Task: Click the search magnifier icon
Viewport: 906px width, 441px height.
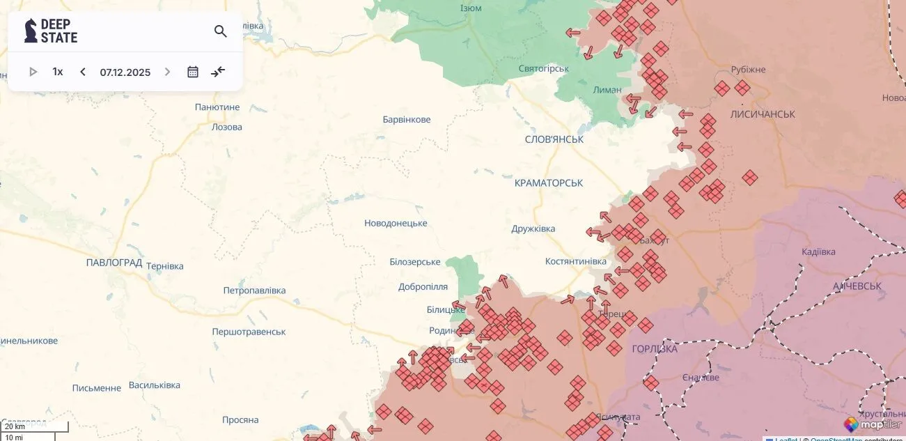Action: [221, 31]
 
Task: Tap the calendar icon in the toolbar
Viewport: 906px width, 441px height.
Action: [193, 72]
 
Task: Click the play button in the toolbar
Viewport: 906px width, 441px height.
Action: [33, 72]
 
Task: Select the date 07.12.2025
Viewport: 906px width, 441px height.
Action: [125, 72]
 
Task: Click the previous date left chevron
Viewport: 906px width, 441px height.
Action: [83, 72]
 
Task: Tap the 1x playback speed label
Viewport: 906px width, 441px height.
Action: [58, 72]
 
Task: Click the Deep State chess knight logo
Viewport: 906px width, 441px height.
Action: [31, 31]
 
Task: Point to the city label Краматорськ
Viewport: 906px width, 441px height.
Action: [549, 183]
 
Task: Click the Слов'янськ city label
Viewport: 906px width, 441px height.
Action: [554, 139]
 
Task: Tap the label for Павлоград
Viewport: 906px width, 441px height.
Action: [114, 263]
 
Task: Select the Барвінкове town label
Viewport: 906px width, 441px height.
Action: [407, 119]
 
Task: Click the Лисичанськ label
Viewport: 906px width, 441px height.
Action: [763, 114]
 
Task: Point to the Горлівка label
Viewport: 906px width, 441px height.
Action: [655, 348]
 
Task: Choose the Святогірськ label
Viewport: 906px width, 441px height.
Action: [544, 68]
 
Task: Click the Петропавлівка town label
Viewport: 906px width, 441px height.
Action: [254, 290]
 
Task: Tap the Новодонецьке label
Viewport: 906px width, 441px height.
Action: [396, 223]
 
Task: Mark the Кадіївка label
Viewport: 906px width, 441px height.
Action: [818, 252]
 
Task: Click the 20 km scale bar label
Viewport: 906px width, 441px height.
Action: [15, 426]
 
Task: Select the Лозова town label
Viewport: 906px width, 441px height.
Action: [227, 127]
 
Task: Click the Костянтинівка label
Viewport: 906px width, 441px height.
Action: [576, 261]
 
